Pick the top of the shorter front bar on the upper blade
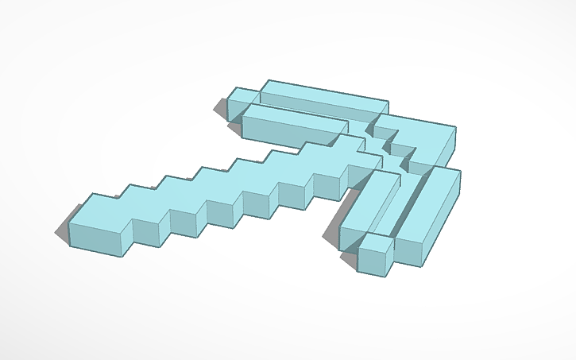pos(294,117)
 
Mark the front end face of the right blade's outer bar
pos(408,253)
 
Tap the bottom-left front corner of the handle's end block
pos(71,243)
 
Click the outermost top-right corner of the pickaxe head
pos(456,126)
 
